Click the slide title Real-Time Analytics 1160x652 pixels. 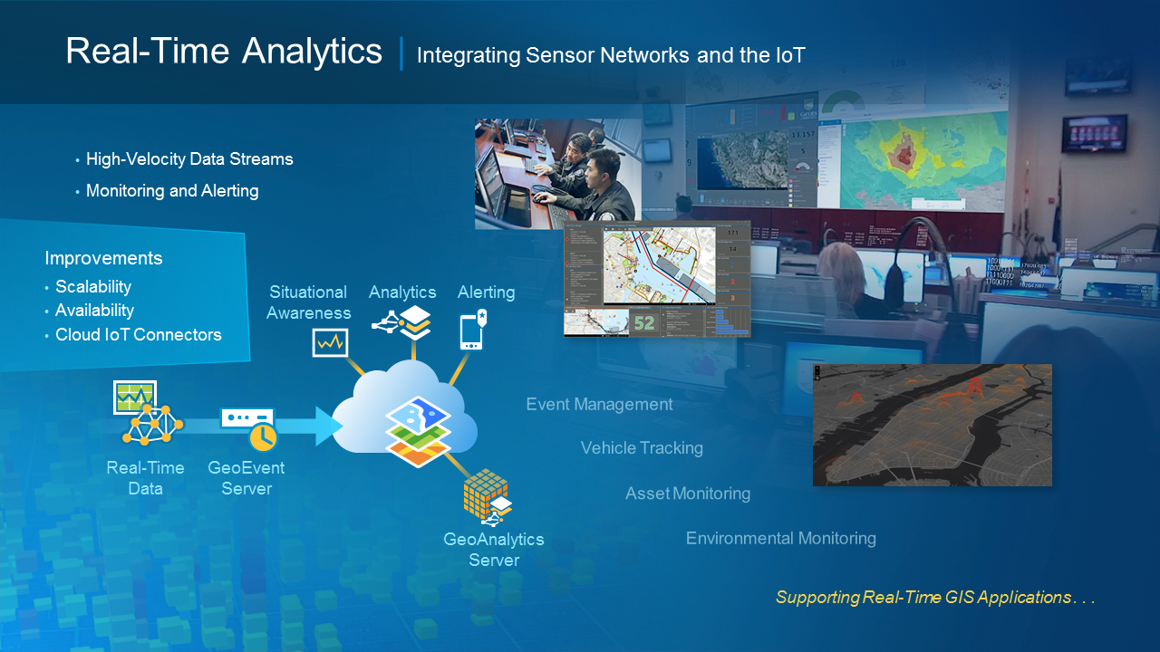tap(224, 52)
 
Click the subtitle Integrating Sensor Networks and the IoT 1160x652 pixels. tap(610, 55)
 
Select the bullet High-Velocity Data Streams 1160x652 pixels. tap(189, 159)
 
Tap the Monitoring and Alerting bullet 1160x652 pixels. tap(172, 191)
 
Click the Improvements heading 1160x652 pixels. tap(103, 258)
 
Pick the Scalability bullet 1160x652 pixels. tap(93, 287)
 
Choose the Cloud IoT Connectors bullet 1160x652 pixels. tap(138, 335)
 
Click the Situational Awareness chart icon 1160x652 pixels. tap(330, 342)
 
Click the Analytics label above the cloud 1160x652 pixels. tap(402, 292)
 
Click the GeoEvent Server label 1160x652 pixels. tap(246, 478)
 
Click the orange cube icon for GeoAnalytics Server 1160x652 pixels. tap(484, 494)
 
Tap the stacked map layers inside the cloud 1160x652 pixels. tap(418, 430)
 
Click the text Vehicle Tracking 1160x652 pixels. tap(642, 448)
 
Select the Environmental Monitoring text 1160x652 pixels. tap(780, 539)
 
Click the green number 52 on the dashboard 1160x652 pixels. tap(644, 322)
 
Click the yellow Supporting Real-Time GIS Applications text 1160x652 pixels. tap(935, 598)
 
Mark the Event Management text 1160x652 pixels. tap(599, 405)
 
